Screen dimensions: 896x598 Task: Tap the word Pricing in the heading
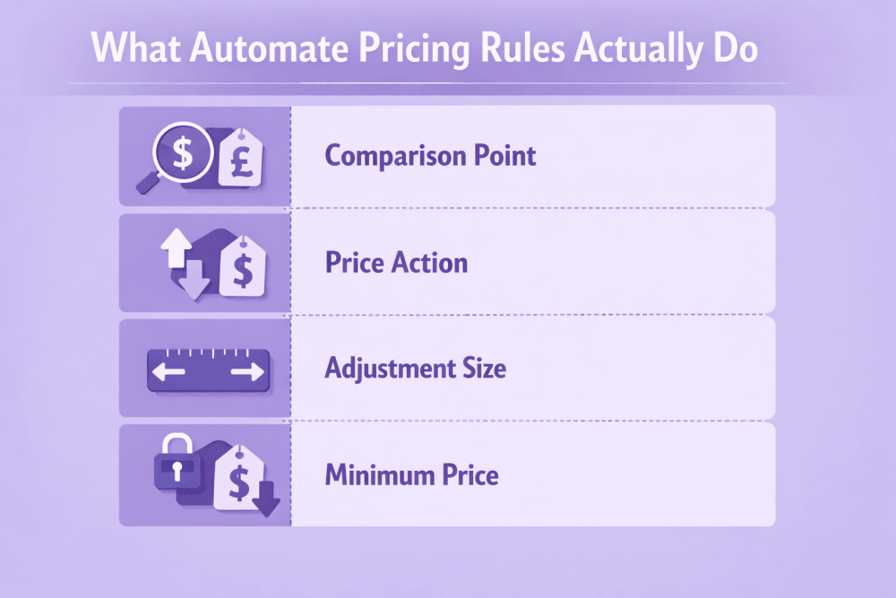pos(414,49)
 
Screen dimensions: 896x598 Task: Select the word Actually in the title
pos(638,49)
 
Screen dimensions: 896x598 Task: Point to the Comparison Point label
pos(430,156)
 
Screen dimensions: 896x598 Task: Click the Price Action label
pos(397,263)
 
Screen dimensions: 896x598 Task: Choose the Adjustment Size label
pos(416,368)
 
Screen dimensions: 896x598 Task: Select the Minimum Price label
pos(411,475)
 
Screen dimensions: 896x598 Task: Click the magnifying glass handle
pos(148,183)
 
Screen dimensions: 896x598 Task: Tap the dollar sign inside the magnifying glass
pos(183,152)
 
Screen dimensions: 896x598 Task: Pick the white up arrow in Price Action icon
pos(176,247)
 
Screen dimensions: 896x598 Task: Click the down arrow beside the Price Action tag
pos(194,280)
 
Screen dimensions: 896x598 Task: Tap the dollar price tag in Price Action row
pos(243,266)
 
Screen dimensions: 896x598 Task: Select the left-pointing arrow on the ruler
pos(168,372)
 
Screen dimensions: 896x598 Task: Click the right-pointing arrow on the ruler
pos(248,372)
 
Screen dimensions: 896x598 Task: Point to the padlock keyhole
pos(177,471)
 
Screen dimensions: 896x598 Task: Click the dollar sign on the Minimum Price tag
pos(239,482)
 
